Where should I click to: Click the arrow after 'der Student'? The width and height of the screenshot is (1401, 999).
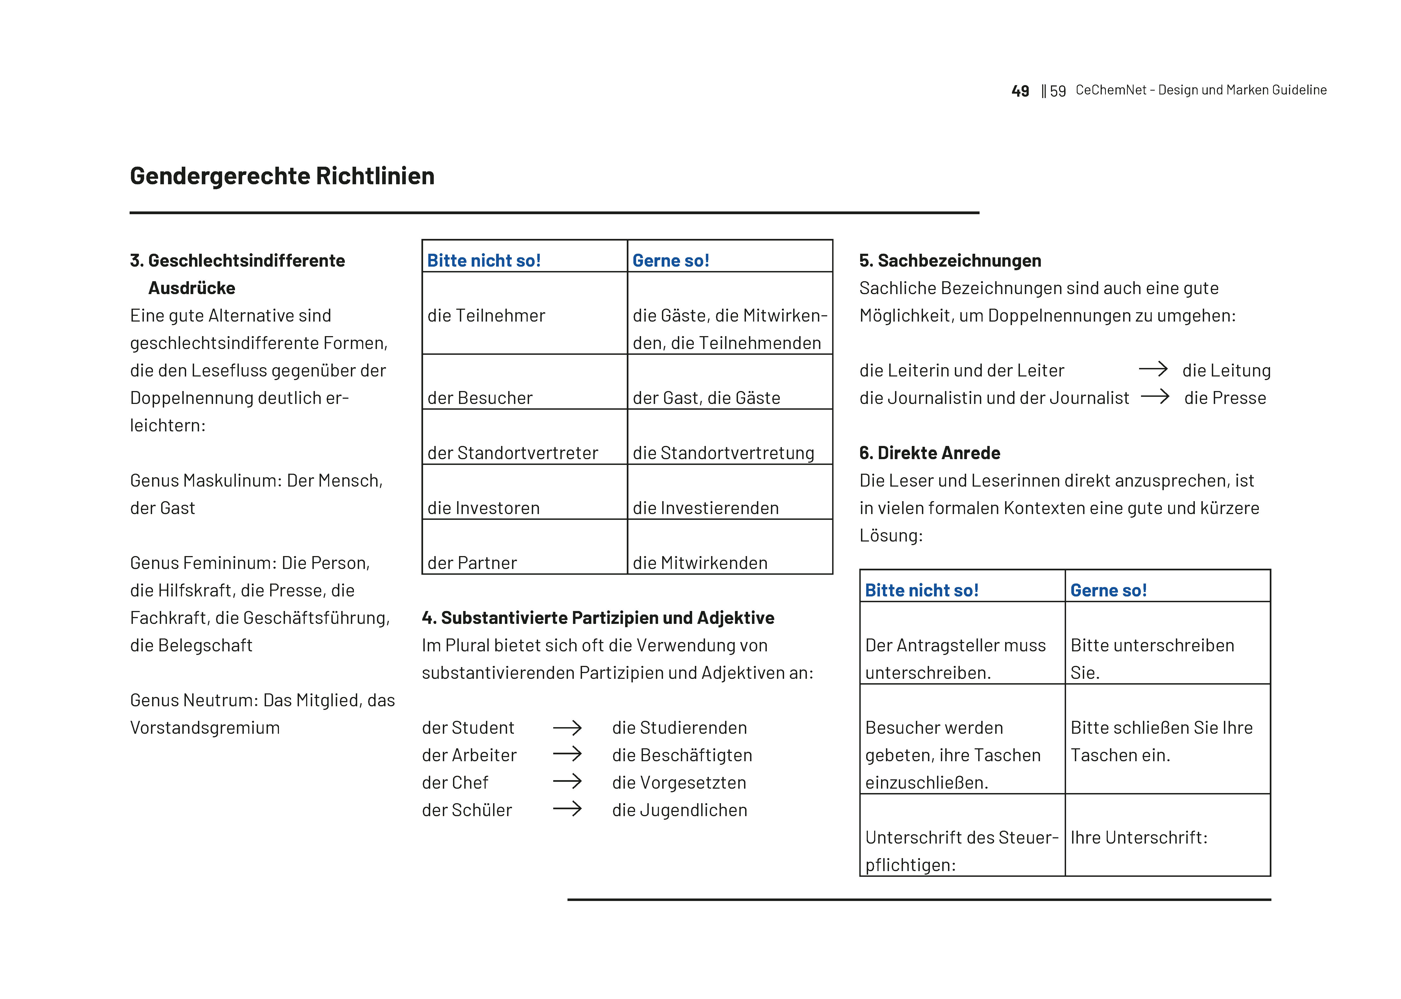pos(567,728)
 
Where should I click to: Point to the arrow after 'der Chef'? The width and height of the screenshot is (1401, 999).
pos(567,782)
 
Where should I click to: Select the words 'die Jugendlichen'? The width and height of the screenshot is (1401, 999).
pos(679,810)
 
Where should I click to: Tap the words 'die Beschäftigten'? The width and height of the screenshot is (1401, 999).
pos(682,755)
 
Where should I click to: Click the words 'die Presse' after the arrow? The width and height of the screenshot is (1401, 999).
pos(1225,398)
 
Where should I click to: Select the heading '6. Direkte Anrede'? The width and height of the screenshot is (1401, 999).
pos(929,453)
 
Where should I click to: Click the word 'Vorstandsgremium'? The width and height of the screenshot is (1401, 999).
pos(205,728)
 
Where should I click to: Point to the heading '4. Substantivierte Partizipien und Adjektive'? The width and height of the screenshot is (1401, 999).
pos(598,618)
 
